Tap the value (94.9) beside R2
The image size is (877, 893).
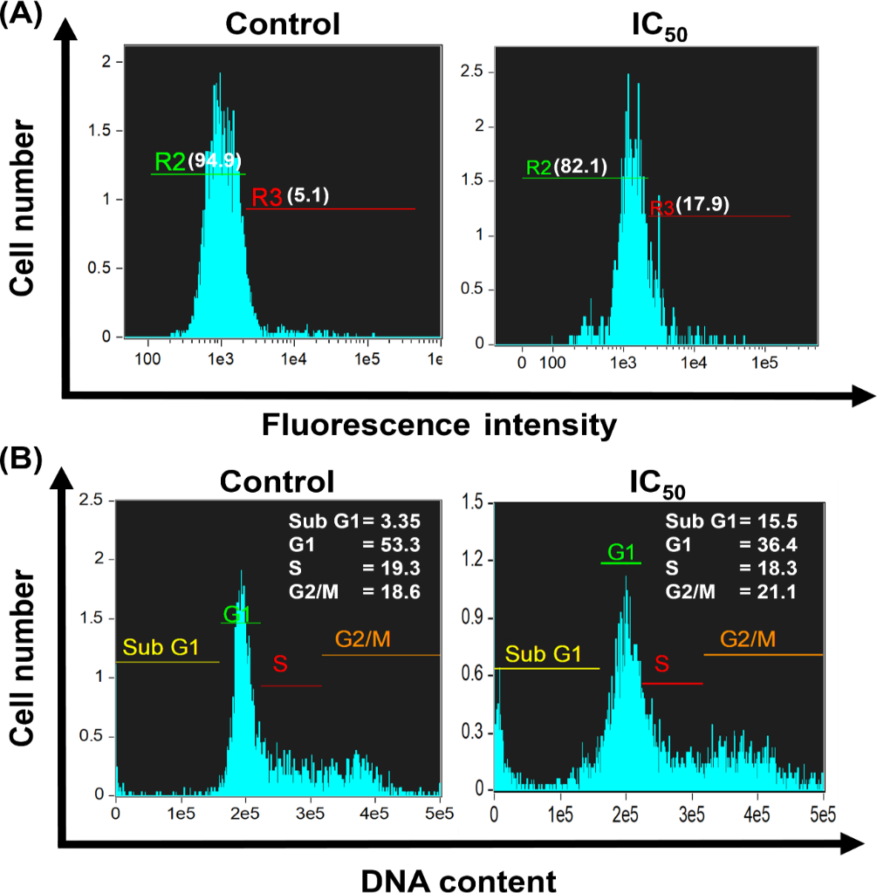pyautogui.click(x=215, y=160)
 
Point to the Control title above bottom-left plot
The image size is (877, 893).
pyautogui.click(x=277, y=482)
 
